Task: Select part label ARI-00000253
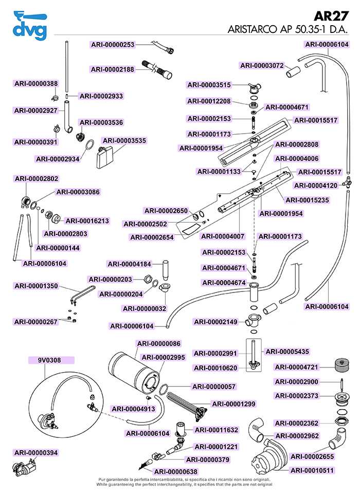pyautogui.click(x=113, y=45)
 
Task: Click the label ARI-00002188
pyautogui.click(x=113, y=69)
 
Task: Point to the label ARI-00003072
pyautogui.click(x=262, y=65)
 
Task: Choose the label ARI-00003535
pyautogui.click(x=124, y=140)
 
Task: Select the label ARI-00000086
pyautogui.click(x=158, y=343)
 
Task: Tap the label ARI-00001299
pyautogui.click(x=233, y=404)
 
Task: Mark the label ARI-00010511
pyautogui.click(x=312, y=470)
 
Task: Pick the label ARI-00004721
pyautogui.click(x=297, y=367)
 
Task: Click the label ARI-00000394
pyautogui.click(x=36, y=453)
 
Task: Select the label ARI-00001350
pyautogui.click(x=36, y=286)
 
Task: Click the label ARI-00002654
pyautogui.click(x=152, y=237)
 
